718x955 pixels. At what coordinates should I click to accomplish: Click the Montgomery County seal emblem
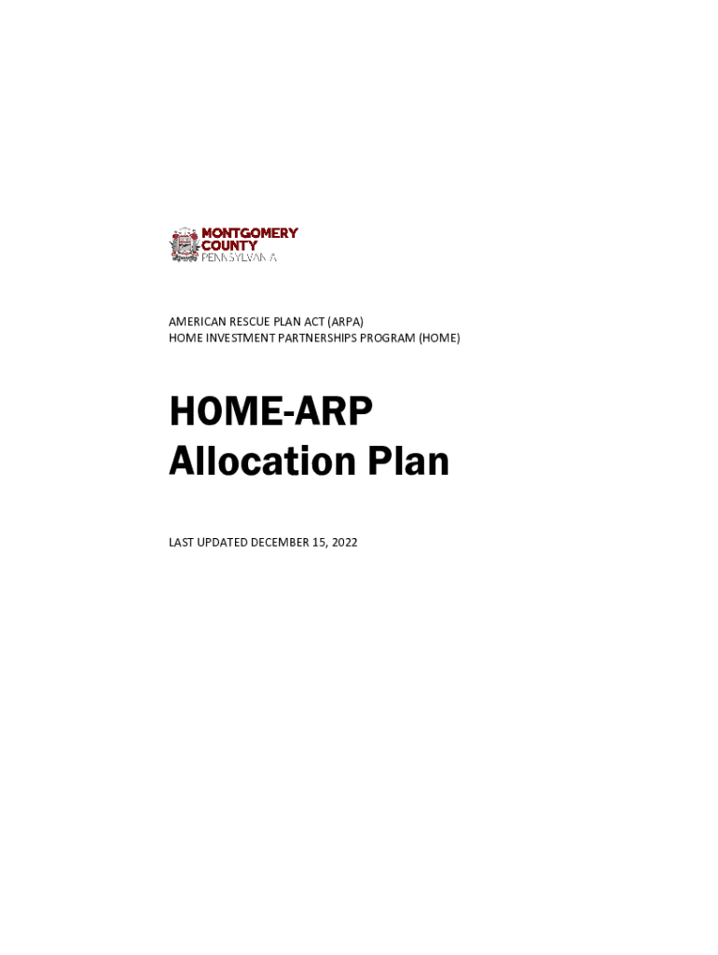click(184, 244)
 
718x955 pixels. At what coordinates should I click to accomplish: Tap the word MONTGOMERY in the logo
click(250, 233)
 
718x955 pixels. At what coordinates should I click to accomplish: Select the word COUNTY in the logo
click(229, 245)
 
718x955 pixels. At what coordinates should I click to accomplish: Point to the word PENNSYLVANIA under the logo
click(240, 256)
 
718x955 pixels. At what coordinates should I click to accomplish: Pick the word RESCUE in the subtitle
click(245, 322)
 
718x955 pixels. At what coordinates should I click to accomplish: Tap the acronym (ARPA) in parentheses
click(344, 322)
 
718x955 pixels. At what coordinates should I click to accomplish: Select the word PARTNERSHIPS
click(329, 338)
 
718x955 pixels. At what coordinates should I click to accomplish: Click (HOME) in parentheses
click(439, 338)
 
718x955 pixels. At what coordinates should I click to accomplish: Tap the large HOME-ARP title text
click(270, 412)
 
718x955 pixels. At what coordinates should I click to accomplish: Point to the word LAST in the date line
click(182, 542)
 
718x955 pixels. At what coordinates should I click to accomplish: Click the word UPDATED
click(224, 542)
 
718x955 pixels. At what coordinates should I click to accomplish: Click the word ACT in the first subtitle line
click(308, 322)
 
